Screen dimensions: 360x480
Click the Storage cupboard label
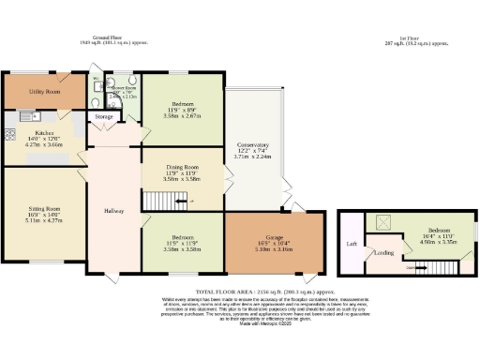pos(104,117)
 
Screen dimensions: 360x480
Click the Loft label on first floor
pos(352,243)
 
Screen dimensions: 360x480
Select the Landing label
pos(383,252)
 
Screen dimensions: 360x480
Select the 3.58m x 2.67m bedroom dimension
pos(183,115)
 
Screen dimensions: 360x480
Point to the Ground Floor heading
pos(100,37)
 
